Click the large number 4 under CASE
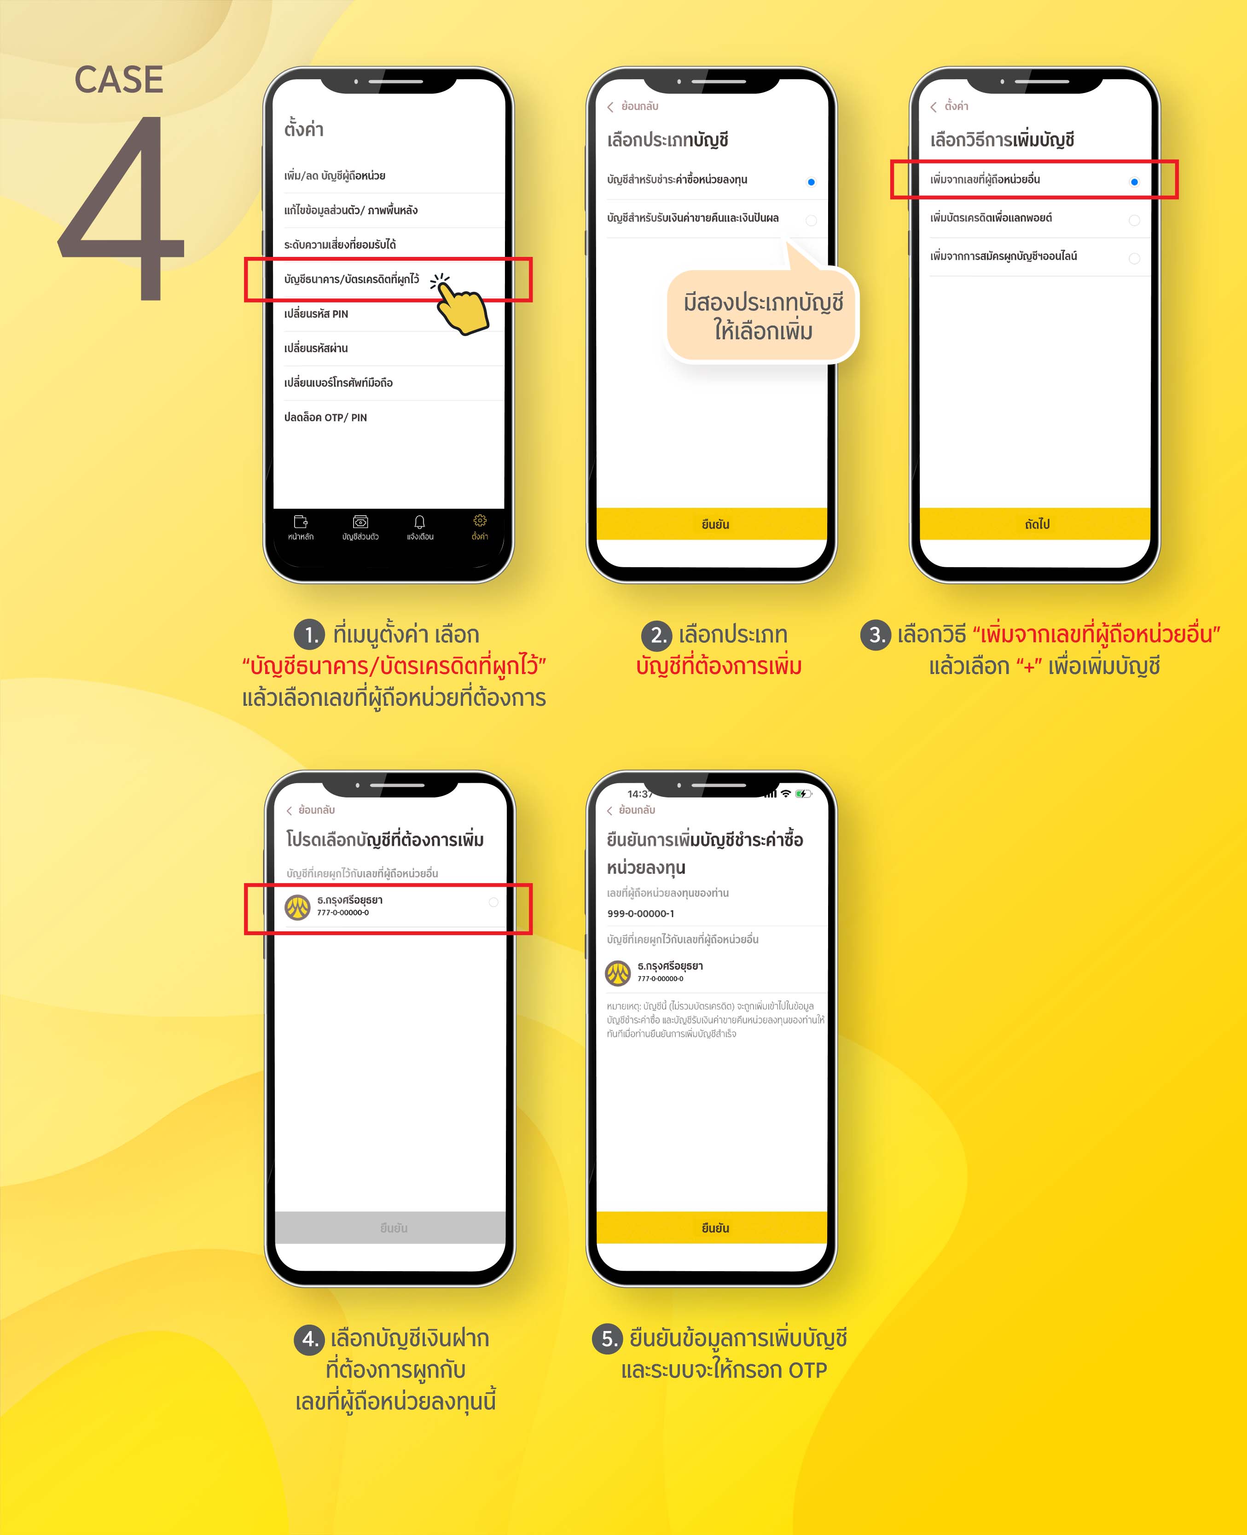(122, 208)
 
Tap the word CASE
(119, 79)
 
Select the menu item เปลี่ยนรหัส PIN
(316, 314)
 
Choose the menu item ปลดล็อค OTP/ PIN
(325, 417)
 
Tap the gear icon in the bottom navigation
(480, 520)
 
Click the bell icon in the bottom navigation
(419, 522)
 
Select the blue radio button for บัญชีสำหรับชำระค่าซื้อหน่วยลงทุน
(811, 182)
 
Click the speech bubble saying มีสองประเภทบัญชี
(762, 316)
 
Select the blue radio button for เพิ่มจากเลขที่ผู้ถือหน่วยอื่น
(1134, 182)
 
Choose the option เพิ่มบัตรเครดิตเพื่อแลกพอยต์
(991, 218)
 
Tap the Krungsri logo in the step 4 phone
(297, 907)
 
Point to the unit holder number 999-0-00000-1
(641, 913)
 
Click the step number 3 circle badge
(876, 635)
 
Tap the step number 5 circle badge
(608, 1339)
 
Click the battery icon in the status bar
(804, 794)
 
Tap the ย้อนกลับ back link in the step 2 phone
(632, 106)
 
